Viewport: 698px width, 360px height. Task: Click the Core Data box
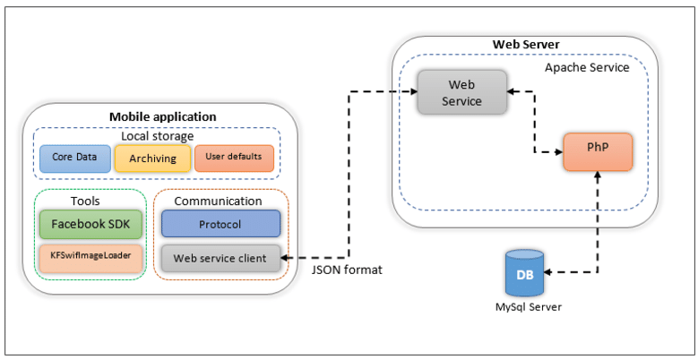pyautogui.click(x=74, y=157)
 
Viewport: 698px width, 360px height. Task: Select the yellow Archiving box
pyautogui.click(x=152, y=158)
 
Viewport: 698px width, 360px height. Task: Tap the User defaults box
pyautogui.click(x=234, y=157)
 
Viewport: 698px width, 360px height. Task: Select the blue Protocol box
pyautogui.click(x=220, y=224)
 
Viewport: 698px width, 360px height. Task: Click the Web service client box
pyautogui.click(x=220, y=258)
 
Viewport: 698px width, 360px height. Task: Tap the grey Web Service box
pyautogui.click(x=461, y=92)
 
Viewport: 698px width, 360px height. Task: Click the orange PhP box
pyautogui.click(x=598, y=150)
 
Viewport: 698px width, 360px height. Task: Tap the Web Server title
pyautogui.click(x=526, y=45)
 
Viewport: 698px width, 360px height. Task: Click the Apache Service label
pyautogui.click(x=587, y=67)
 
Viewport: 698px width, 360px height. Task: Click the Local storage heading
pyautogui.click(x=157, y=136)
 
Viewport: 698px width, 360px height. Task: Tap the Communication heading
pyautogui.click(x=218, y=201)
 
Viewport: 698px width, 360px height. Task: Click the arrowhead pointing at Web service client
pyautogui.click(x=287, y=258)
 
